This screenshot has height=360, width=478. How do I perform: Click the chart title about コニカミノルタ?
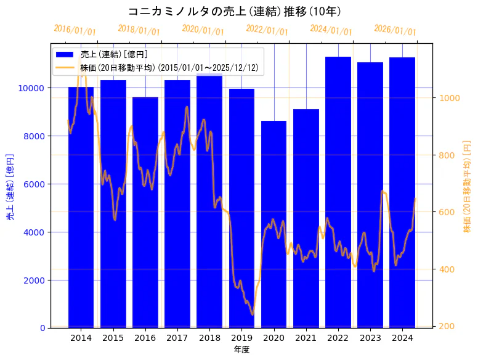point(235,11)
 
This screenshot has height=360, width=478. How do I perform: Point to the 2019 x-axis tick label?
point(241,338)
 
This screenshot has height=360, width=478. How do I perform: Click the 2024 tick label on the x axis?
point(402,338)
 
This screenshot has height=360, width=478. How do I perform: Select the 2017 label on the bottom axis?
point(177,338)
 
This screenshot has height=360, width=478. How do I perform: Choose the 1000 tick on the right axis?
point(447,98)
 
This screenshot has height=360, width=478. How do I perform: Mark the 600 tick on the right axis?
point(445,212)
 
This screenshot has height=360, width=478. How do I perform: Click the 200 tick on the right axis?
point(445,326)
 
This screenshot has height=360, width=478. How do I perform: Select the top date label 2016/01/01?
point(75,30)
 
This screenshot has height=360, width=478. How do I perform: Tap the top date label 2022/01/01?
point(267,30)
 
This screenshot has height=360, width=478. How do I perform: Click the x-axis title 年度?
point(241,350)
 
